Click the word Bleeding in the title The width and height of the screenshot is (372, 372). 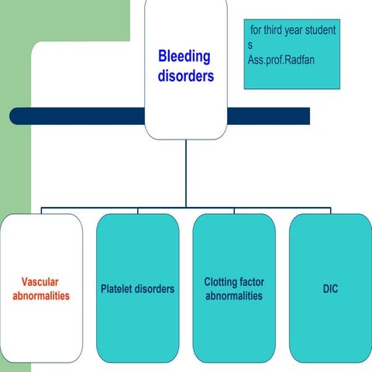pos(184,57)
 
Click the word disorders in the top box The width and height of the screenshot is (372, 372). pos(186,76)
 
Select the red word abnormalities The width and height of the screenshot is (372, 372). pos(41,296)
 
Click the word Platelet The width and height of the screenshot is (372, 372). pos(119,289)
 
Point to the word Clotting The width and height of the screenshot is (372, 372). pos(222,282)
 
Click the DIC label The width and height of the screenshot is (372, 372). pos(330,289)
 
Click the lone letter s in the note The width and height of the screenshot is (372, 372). pos(250,44)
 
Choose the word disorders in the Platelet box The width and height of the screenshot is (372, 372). pos(156,289)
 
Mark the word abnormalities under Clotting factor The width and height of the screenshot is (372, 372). pos(233,296)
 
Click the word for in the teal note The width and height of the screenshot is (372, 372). pos(257,30)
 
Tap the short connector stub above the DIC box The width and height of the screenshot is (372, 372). pos(330,210)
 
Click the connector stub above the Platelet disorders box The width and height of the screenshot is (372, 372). pos(138,210)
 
